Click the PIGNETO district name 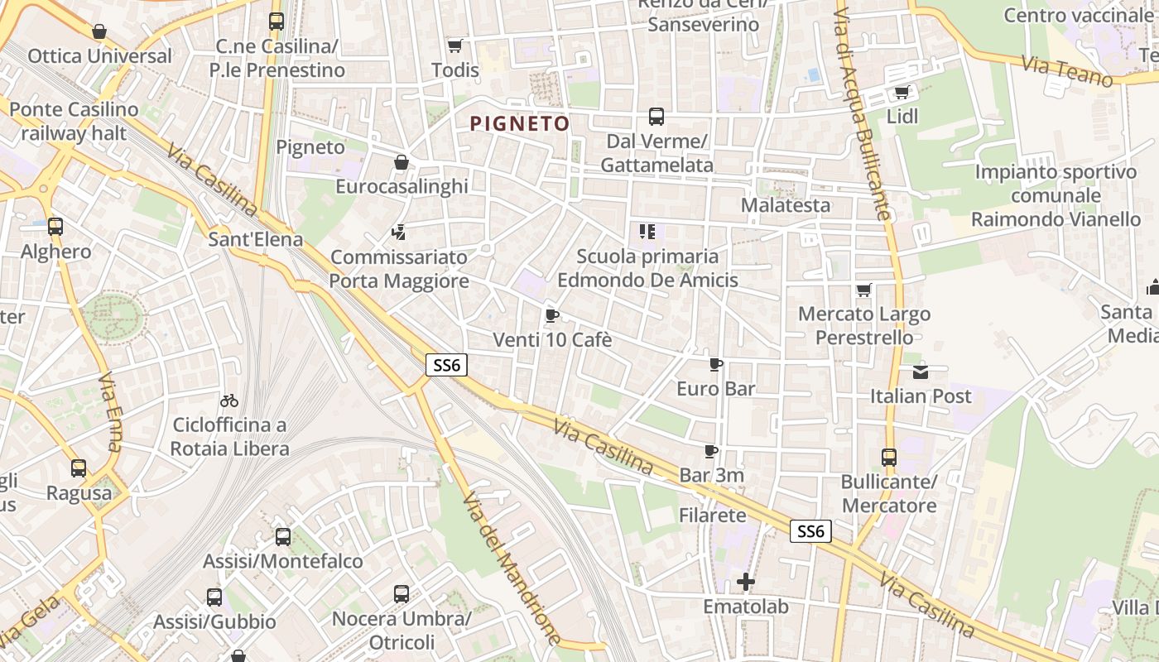pyautogui.click(x=520, y=124)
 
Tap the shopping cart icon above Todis pyautogui.click(x=454, y=46)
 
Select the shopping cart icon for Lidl pyautogui.click(x=902, y=92)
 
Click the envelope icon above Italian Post pyautogui.click(x=921, y=372)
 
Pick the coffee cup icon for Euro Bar pyautogui.click(x=716, y=364)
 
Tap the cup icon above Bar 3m pyautogui.click(x=710, y=451)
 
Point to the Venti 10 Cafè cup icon pyautogui.click(x=552, y=315)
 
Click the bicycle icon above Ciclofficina pyautogui.click(x=229, y=401)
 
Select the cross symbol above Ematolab pyautogui.click(x=746, y=582)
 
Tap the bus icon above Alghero pyautogui.click(x=55, y=226)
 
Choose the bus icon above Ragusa pyautogui.click(x=79, y=468)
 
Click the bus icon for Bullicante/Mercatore pyautogui.click(x=889, y=457)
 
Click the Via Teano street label pyautogui.click(x=1067, y=71)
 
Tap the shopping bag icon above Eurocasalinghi pyautogui.click(x=402, y=162)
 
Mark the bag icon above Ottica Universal pyautogui.click(x=99, y=32)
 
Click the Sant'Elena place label pyautogui.click(x=255, y=240)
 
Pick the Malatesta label pyautogui.click(x=786, y=204)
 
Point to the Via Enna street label pyautogui.click(x=110, y=411)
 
